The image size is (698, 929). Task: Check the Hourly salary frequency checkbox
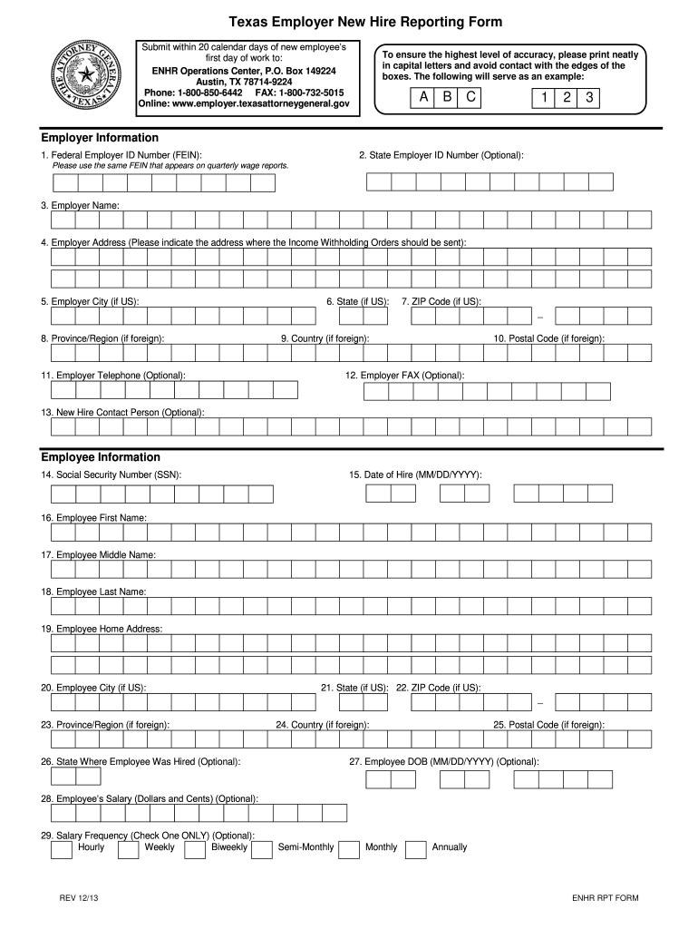(x=62, y=849)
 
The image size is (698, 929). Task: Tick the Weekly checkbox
(x=129, y=849)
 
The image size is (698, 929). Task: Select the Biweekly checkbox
(x=195, y=849)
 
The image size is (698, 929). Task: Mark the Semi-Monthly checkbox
(x=262, y=849)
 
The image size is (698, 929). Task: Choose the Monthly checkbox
(x=349, y=849)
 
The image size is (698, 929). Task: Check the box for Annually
(x=416, y=849)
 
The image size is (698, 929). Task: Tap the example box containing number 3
(x=589, y=99)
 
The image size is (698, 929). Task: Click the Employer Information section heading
(x=100, y=138)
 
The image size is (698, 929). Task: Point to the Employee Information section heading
(x=100, y=457)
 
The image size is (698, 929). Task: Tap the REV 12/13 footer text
(x=80, y=898)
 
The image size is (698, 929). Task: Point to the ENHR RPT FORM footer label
(x=605, y=898)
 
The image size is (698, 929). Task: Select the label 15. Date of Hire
(x=415, y=474)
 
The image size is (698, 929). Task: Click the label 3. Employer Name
(x=80, y=206)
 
